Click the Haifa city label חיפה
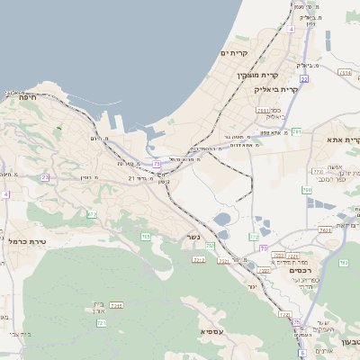[19, 96]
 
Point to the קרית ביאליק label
[275, 90]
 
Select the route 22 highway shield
[304, 79]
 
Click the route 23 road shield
[45, 177]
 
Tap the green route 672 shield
[91, 213]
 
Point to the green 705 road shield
[145, 237]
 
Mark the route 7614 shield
[345, 71]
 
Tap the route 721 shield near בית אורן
[101, 322]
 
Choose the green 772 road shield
[255, 237]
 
